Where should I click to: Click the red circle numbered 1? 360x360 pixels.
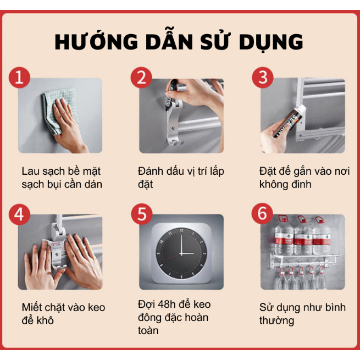pos(20,77)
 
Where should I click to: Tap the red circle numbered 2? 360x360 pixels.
pos(141,77)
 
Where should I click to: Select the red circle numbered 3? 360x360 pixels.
pos(263,77)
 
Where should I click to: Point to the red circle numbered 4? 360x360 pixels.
pos(20,215)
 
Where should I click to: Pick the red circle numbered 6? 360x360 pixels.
pos(262,213)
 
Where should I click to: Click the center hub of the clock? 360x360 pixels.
pos(181,254)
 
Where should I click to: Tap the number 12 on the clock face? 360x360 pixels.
pos(181,230)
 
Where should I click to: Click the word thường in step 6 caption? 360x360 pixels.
pos(276,321)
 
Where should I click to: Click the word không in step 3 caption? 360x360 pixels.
pos(273,184)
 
